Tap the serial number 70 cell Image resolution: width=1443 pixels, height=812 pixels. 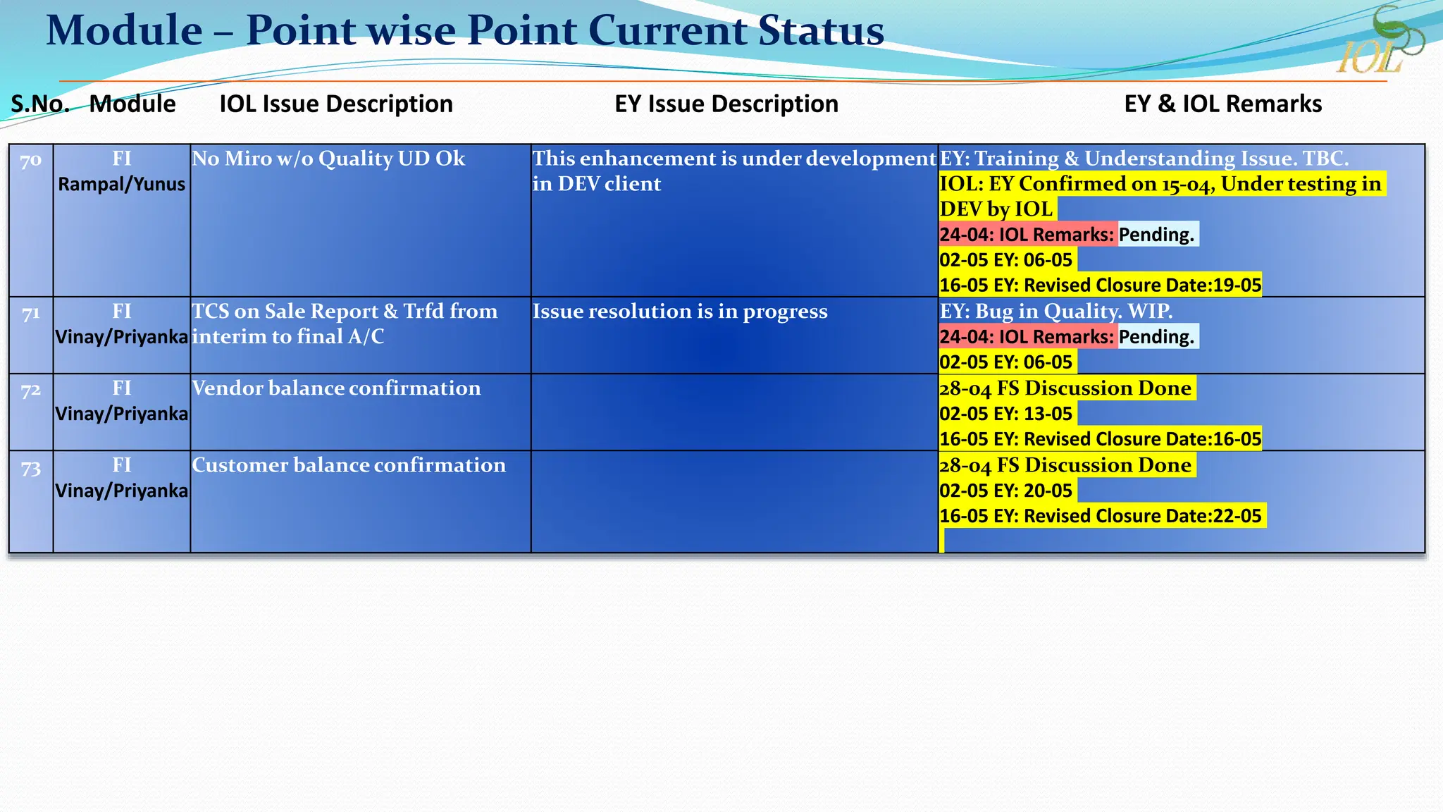30,161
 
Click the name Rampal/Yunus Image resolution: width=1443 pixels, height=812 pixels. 121,185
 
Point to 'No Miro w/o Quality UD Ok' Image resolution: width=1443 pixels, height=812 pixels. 328,159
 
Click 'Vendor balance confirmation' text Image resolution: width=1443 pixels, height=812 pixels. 336,388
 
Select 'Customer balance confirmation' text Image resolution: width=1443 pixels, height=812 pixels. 349,465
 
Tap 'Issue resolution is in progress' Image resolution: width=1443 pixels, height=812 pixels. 680,312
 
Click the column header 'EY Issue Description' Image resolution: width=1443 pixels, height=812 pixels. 726,104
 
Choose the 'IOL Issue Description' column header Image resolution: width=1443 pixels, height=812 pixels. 336,104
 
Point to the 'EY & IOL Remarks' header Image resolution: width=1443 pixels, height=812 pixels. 1222,104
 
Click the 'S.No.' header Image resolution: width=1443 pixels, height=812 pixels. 40,104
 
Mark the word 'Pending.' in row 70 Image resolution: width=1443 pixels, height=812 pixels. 1156,235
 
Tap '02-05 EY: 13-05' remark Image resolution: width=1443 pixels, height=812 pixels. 1005,414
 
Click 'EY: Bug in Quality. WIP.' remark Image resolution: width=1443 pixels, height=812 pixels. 1056,311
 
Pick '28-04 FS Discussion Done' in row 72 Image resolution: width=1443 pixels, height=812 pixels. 1065,388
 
